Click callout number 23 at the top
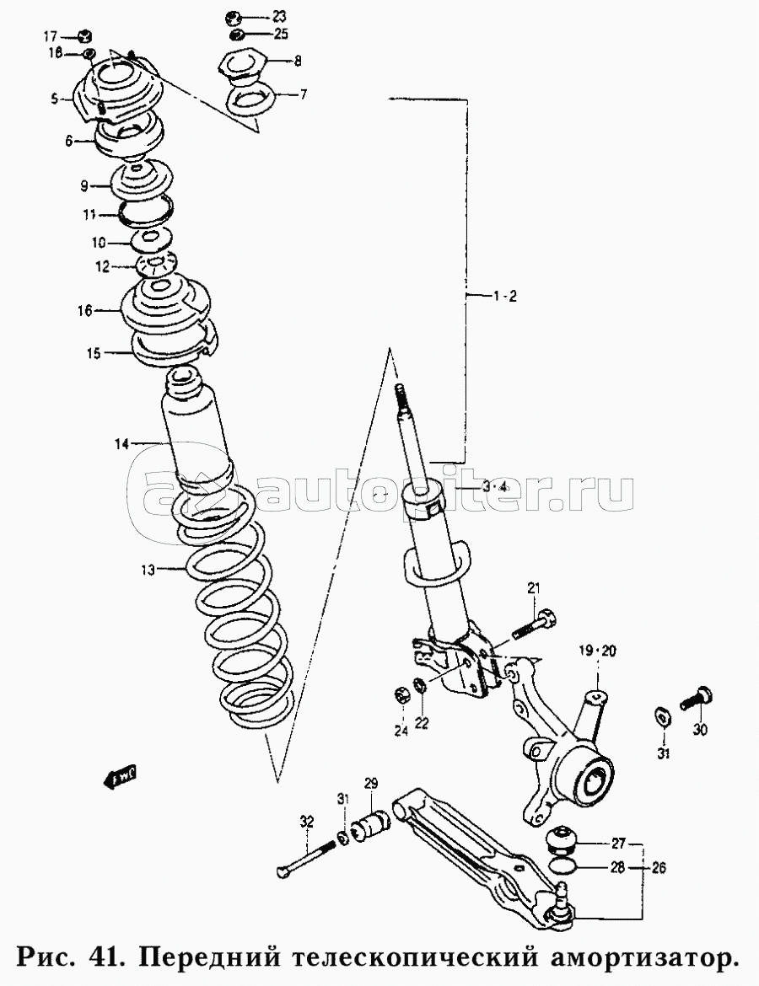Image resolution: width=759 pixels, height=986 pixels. (x=279, y=17)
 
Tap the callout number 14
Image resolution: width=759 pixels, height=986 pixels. (x=122, y=442)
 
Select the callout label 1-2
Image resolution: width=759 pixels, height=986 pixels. (x=503, y=296)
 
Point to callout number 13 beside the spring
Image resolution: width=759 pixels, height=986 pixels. (x=148, y=571)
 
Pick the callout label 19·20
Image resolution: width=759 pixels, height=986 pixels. (x=597, y=651)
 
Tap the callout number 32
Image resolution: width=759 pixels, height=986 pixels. (x=306, y=821)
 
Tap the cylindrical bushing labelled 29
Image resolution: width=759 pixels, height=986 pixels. (x=372, y=823)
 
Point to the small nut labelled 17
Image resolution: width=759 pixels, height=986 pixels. (x=84, y=36)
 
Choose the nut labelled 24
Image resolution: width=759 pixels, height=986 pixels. (x=402, y=696)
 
